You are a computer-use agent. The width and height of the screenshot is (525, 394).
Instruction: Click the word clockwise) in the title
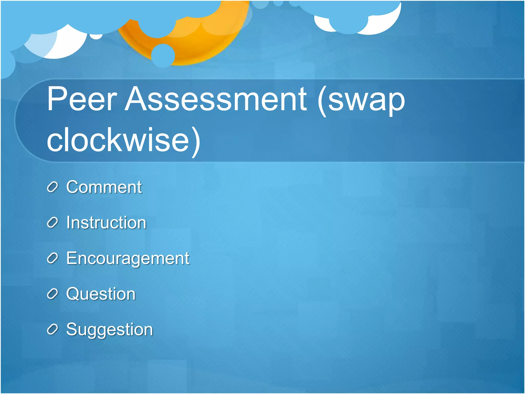(x=123, y=141)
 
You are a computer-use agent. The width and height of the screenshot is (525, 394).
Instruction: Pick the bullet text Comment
(x=104, y=187)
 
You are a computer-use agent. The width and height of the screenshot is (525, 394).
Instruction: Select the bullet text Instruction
(x=106, y=222)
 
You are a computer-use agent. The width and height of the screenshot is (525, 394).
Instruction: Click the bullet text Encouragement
(x=128, y=258)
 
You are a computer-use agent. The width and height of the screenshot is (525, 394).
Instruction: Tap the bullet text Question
(x=101, y=294)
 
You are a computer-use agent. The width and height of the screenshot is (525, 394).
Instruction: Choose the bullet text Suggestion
(x=109, y=329)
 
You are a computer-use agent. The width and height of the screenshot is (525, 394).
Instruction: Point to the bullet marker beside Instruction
(x=53, y=223)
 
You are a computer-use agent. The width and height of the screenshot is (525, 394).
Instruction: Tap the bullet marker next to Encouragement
(x=53, y=258)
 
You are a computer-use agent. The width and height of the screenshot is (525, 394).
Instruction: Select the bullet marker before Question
(x=53, y=294)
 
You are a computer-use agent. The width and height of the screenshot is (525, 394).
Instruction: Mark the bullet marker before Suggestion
(x=53, y=329)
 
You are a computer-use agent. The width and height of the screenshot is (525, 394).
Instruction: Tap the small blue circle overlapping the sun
(x=163, y=55)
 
